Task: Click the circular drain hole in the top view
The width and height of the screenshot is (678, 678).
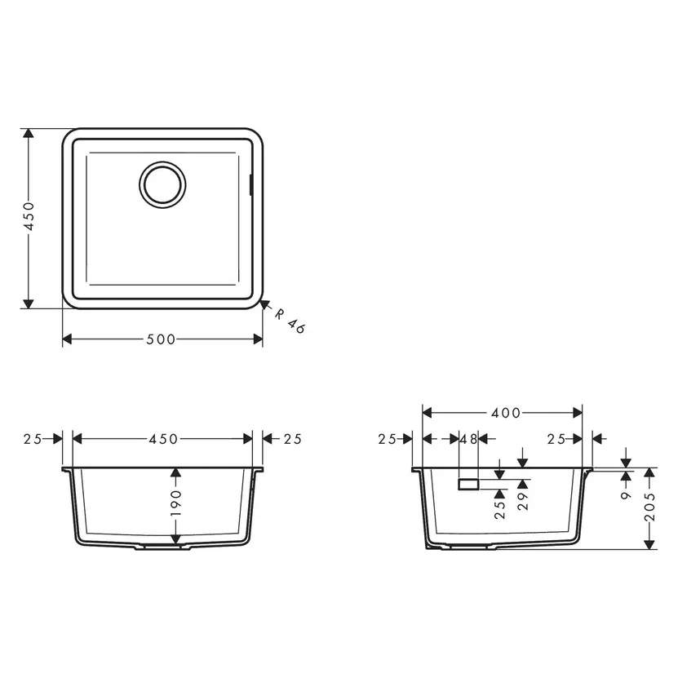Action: click(x=163, y=183)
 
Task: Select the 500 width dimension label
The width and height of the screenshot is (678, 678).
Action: click(x=162, y=339)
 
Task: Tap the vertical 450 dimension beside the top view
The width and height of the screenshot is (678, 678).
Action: click(x=29, y=218)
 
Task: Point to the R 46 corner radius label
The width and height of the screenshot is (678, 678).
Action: click(x=288, y=321)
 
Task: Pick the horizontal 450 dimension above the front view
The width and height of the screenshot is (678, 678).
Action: click(x=162, y=439)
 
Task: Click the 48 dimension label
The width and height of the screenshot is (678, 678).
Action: click(x=468, y=439)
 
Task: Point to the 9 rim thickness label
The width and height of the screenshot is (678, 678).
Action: click(x=626, y=493)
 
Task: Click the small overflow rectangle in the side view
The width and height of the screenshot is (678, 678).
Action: click(x=469, y=484)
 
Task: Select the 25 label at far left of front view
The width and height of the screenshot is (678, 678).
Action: click(x=33, y=439)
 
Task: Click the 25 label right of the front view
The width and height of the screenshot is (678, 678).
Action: click(x=292, y=439)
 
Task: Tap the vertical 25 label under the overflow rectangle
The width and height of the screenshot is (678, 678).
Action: click(x=499, y=509)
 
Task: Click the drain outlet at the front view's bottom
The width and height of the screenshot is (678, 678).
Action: click(x=162, y=548)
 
